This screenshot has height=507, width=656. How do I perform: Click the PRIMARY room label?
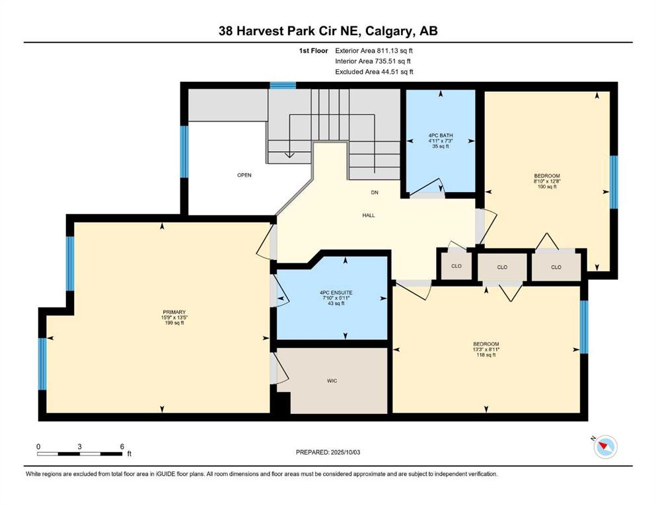click(x=174, y=312)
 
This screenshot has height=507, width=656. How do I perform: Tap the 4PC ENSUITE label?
click(x=336, y=292)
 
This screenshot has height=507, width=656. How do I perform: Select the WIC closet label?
click(x=332, y=381)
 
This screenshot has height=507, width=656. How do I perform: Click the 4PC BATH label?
click(x=441, y=135)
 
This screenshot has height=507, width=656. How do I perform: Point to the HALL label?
click(x=369, y=215)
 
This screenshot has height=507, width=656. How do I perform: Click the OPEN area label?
click(x=244, y=175)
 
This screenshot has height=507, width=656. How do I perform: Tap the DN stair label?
click(x=375, y=192)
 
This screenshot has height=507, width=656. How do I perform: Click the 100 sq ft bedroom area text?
click(x=547, y=187)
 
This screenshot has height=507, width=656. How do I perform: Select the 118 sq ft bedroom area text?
click(x=486, y=355)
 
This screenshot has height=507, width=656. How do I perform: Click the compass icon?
click(x=605, y=447)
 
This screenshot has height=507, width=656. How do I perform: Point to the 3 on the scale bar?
click(x=79, y=446)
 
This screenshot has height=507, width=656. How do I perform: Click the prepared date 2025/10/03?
click(x=345, y=452)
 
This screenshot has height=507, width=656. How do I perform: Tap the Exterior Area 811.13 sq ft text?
click(x=374, y=51)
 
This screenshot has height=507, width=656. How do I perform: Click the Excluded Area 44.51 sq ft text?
click(x=374, y=71)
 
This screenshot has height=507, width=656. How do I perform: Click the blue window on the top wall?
click(x=283, y=86)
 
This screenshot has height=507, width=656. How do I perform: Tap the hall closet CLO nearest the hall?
click(x=456, y=266)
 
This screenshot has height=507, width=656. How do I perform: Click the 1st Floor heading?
click(x=313, y=51)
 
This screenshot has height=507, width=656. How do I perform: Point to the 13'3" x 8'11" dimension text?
click(x=486, y=349)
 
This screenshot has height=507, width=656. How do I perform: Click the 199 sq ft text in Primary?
click(x=174, y=323)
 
